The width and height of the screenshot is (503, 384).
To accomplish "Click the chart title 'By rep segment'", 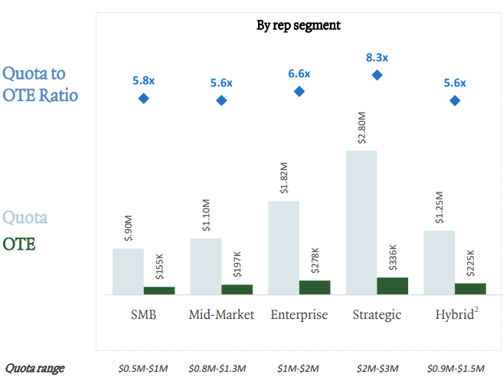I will [298, 25].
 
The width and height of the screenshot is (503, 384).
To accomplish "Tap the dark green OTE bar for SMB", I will [159, 290].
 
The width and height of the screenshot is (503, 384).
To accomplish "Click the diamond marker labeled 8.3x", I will [377, 75].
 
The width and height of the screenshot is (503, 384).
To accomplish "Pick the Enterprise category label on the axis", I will [299, 315].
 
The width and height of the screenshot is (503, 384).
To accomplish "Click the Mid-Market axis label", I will [221, 315].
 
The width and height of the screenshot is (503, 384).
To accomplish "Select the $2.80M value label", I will [361, 127].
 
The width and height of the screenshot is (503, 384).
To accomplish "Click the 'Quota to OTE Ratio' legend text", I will [44, 85].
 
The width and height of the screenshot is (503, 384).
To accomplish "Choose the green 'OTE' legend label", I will [19, 244].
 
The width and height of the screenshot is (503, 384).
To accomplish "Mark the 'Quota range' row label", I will [35, 368].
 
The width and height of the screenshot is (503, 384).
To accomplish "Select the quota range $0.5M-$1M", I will [143, 369].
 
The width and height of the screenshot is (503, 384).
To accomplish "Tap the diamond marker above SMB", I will [143, 98].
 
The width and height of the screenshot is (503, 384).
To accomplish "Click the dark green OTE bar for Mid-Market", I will [237, 289].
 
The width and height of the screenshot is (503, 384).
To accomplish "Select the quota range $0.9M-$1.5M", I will [454, 369].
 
